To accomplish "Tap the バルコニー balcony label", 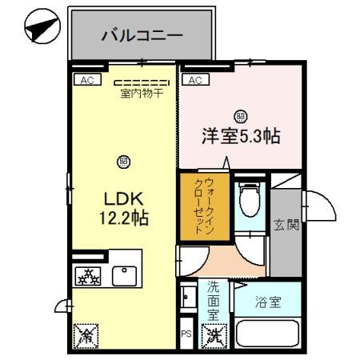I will (x=142, y=35).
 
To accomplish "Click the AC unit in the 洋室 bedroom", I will (x=195, y=79).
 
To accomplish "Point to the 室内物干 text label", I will (x=142, y=94).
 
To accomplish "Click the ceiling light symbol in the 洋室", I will (x=240, y=115).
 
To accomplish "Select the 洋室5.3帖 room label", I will (x=240, y=136).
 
